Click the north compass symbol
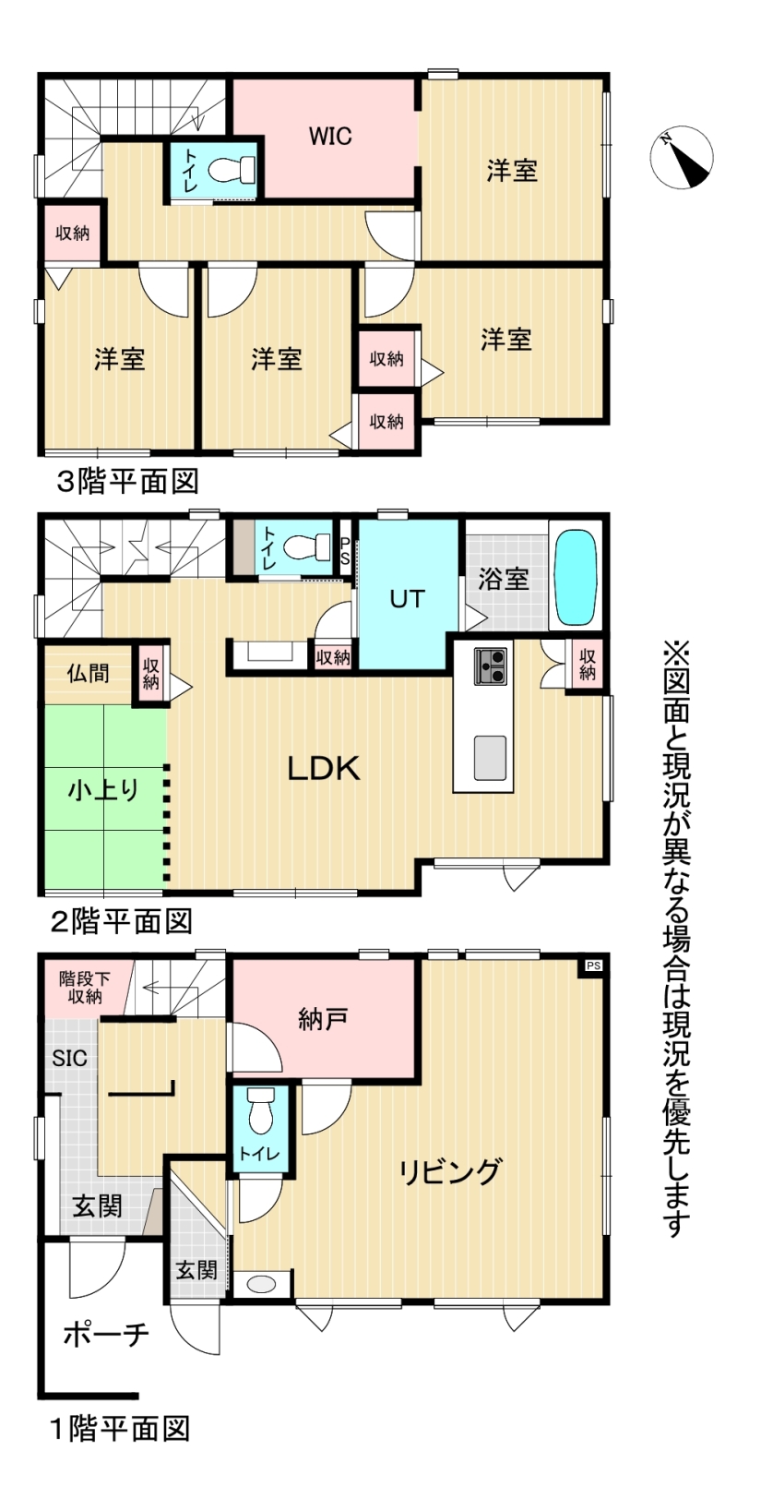pyautogui.click(x=682, y=157)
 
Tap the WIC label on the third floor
pyautogui.click(x=330, y=137)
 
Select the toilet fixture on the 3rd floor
pyautogui.click(x=232, y=170)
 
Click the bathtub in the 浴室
pyautogui.click(x=577, y=578)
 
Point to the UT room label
pyautogui.click(x=407, y=599)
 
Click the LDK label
pyautogui.click(x=324, y=768)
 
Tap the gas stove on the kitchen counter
pyautogui.click(x=490, y=666)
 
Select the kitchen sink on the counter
pyautogui.click(x=490, y=758)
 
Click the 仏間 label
pyautogui.click(x=89, y=673)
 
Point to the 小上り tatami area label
pyautogui.click(x=103, y=789)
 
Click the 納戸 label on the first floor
pyautogui.click(x=323, y=1019)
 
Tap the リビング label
pyautogui.click(x=450, y=1171)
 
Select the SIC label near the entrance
pyautogui.click(x=70, y=1058)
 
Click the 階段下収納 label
pyautogui.click(x=85, y=987)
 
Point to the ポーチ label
pyautogui.click(x=106, y=1334)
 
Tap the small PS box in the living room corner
pyautogui.click(x=593, y=966)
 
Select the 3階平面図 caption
pyautogui.click(x=127, y=483)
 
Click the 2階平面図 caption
pyautogui.click(x=122, y=921)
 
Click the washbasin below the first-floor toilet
pyautogui.click(x=261, y=1284)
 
